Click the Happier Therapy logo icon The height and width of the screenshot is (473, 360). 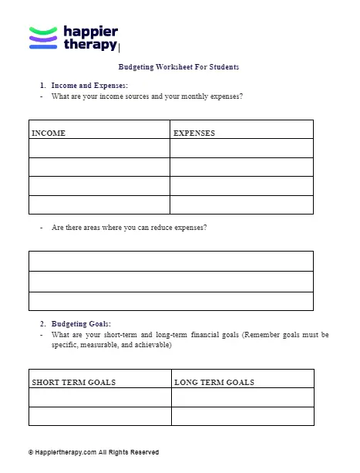click(x=43, y=37)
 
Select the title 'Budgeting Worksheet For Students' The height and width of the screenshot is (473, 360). click(x=179, y=67)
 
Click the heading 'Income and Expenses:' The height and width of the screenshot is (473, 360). click(x=89, y=85)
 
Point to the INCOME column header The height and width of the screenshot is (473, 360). click(x=49, y=133)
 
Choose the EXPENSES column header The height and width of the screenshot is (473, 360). click(x=194, y=133)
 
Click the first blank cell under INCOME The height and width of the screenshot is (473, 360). click(x=99, y=147)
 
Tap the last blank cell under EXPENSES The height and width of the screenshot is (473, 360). click(x=241, y=204)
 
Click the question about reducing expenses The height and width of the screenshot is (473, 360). click(x=129, y=228)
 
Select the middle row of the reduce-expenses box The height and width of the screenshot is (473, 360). click(x=171, y=281)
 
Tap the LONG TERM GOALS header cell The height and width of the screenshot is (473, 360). click(x=214, y=382)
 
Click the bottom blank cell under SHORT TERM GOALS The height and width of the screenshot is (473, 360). click(x=99, y=416)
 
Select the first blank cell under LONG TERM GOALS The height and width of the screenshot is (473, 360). click(x=242, y=397)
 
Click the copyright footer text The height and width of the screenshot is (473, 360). click(x=93, y=452)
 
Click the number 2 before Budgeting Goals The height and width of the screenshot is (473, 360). click(x=42, y=324)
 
